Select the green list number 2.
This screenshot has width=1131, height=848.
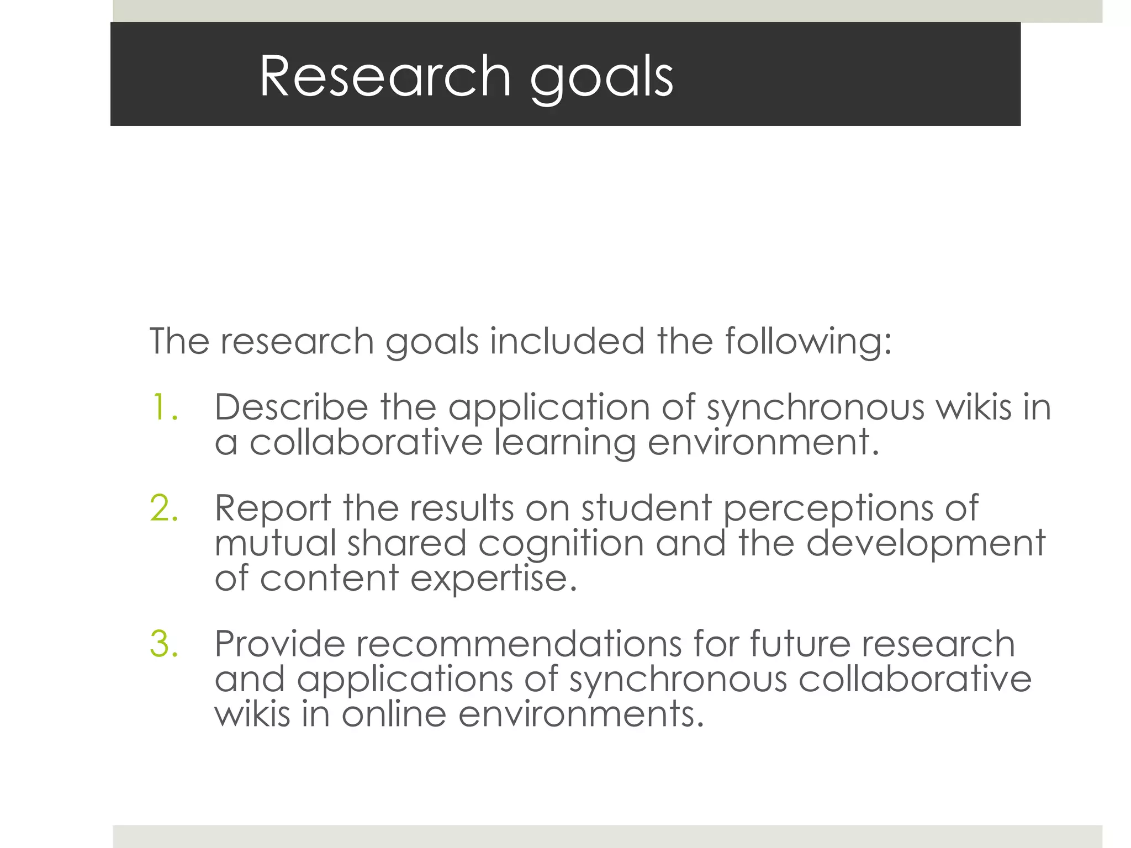click(164, 508)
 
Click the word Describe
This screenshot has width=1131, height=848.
click(291, 407)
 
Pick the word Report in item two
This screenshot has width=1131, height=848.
click(273, 509)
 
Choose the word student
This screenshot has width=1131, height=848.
click(646, 508)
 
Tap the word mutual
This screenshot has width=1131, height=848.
click(275, 543)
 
